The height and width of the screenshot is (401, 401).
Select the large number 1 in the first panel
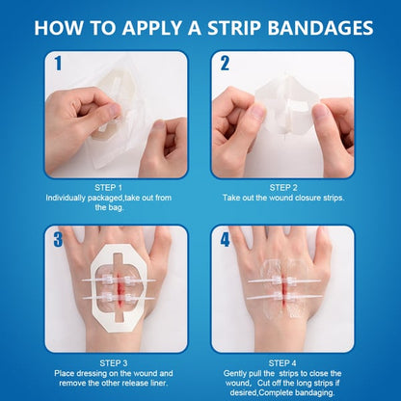click(57, 64)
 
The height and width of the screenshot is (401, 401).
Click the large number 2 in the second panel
click(225, 65)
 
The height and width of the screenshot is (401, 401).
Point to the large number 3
click(57, 238)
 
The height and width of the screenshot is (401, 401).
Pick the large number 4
click(225, 238)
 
